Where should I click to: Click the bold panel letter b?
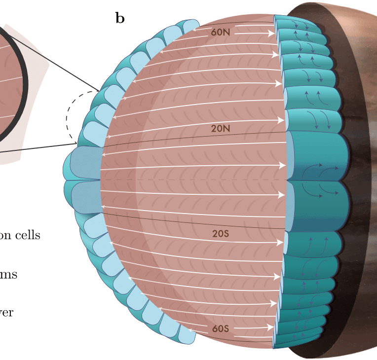120,18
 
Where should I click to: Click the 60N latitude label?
221,32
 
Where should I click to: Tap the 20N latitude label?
221,129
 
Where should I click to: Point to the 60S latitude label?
221,328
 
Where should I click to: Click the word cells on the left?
27,235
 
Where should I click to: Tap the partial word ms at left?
8,274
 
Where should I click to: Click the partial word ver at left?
7,313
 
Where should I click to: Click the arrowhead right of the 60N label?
271,34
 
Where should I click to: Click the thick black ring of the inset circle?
23,84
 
